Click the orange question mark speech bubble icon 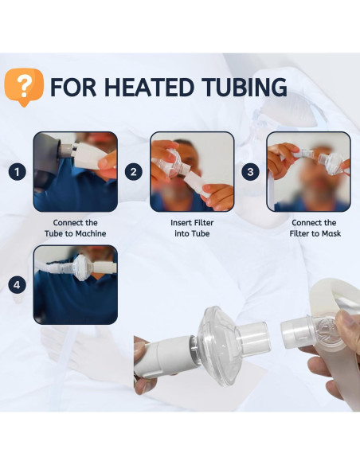[x=24, y=87]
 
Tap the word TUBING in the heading [x=245, y=87]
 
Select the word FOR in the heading [x=73, y=87]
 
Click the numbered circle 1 [x=16, y=172]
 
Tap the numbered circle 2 [x=134, y=172]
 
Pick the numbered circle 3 [x=251, y=172]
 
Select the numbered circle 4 [x=16, y=285]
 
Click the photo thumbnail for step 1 [x=75, y=172]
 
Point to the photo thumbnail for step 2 [x=192, y=172]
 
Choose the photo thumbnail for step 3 [x=308, y=172]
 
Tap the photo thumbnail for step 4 [x=75, y=285]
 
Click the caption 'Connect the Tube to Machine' [x=75, y=228]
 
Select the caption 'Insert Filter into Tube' [x=192, y=228]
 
